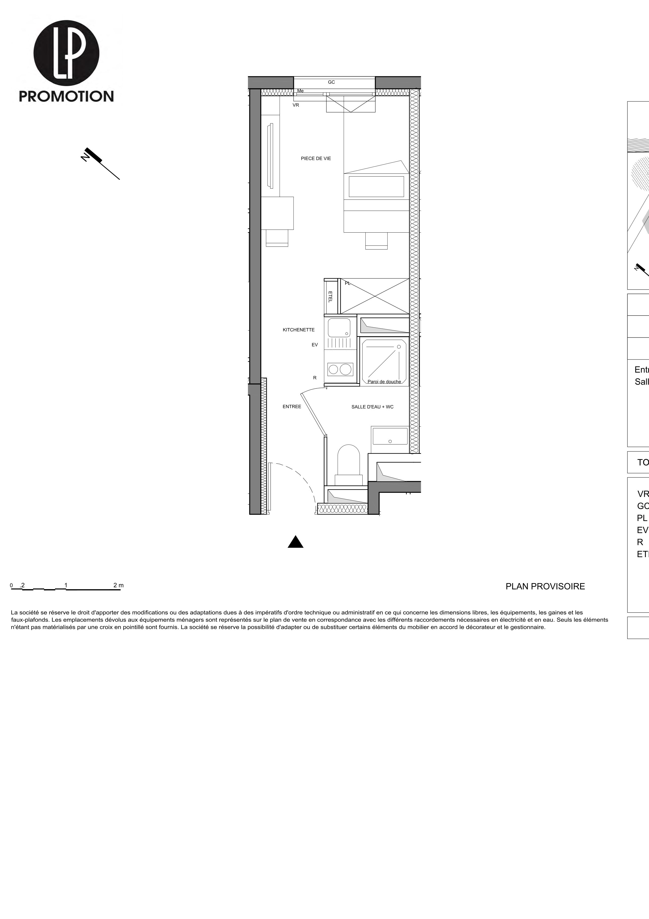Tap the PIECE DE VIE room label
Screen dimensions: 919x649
[316, 159]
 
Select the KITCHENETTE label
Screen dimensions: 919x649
[298, 330]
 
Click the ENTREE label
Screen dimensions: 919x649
[291, 407]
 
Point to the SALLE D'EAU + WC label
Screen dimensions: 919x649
[372, 407]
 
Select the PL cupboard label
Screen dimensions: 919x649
[347, 283]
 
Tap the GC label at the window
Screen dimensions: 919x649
[331, 82]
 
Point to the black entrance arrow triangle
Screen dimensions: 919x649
[295, 542]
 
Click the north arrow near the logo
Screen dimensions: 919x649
[100, 162]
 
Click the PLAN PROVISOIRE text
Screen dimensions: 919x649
[545, 586]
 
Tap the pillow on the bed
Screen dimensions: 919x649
[376, 187]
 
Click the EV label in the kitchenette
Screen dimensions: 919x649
[315, 345]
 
